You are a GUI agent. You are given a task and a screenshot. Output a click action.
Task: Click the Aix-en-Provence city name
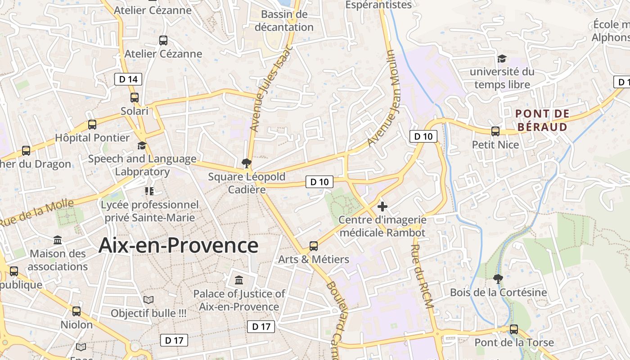(x=178, y=246)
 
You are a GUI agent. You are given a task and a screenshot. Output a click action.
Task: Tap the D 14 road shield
(x=128, y=80)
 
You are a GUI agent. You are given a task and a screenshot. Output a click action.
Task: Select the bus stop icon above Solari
(x=134, y=98)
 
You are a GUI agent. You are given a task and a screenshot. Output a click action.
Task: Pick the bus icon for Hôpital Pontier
(x=92, y=125)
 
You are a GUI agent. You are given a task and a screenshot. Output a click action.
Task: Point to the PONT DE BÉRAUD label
(x=542, y=120)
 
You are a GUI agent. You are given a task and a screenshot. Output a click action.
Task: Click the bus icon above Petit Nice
(x=495, y=131)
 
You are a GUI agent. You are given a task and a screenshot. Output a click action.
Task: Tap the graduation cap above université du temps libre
(x=502, y=58)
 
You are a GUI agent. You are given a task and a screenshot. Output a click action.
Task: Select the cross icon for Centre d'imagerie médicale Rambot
(x=382, y=207)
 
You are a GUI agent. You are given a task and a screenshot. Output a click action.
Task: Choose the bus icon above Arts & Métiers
(x=314, y=246)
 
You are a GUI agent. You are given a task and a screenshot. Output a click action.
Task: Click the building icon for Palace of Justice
(x=239, y=280)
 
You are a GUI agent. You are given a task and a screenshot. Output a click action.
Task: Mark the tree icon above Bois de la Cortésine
(x=498, y=279)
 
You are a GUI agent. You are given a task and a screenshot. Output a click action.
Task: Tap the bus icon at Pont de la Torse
(x=514, y=329)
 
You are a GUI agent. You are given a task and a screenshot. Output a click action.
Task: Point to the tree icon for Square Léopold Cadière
(x=246, y=163)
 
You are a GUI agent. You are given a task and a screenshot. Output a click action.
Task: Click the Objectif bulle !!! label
(x=148, y=313)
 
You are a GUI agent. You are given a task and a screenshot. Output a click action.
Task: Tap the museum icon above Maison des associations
(x=58, y=240)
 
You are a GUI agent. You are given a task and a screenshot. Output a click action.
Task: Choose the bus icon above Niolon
(x=76, y=311)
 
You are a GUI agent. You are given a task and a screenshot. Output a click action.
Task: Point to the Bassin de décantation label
(x=284, y=21)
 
